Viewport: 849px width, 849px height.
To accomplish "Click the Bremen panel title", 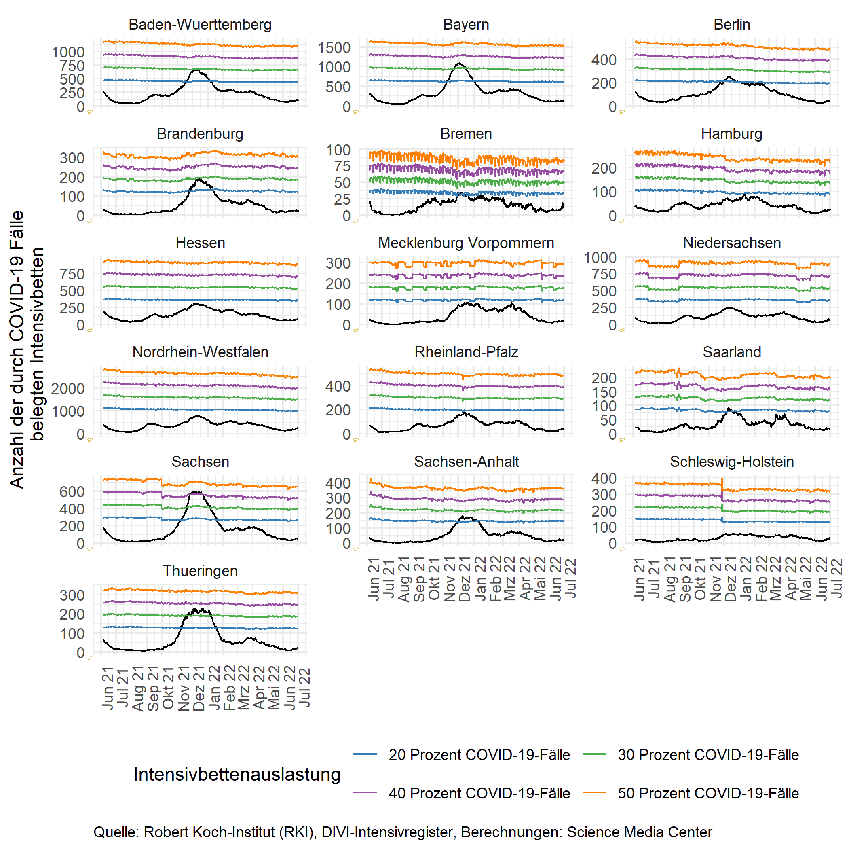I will point(466,133).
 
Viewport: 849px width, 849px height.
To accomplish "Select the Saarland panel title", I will point(731,352).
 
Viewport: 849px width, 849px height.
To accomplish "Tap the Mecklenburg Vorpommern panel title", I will point(466,243).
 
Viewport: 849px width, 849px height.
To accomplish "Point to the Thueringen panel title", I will point(200,571).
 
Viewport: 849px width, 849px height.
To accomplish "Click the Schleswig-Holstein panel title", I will point(731,462).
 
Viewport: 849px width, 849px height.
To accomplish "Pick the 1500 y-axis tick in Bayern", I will point(334,47).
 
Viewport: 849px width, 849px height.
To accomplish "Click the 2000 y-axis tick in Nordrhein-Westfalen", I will point(68,389).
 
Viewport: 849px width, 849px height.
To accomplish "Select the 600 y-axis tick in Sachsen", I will point(72,491).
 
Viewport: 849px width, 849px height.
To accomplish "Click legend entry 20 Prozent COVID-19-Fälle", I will point(479,754).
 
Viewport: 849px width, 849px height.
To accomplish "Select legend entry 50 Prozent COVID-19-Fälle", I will point(708,793).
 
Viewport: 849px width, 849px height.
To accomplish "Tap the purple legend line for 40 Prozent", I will point(365,793).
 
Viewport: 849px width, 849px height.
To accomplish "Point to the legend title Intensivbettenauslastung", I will point(237,774).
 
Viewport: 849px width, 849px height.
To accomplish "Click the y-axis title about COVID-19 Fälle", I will point(26,349).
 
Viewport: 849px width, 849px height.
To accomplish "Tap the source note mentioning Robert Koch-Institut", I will point(402,832).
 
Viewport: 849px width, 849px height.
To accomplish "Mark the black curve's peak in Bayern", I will point(460,64).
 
